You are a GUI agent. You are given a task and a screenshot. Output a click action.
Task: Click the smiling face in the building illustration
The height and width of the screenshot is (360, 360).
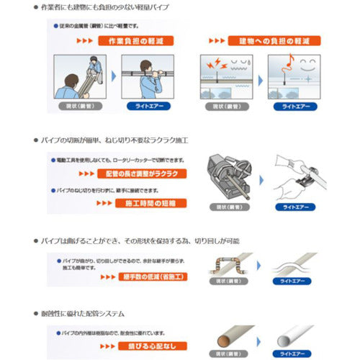pos(307,63)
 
